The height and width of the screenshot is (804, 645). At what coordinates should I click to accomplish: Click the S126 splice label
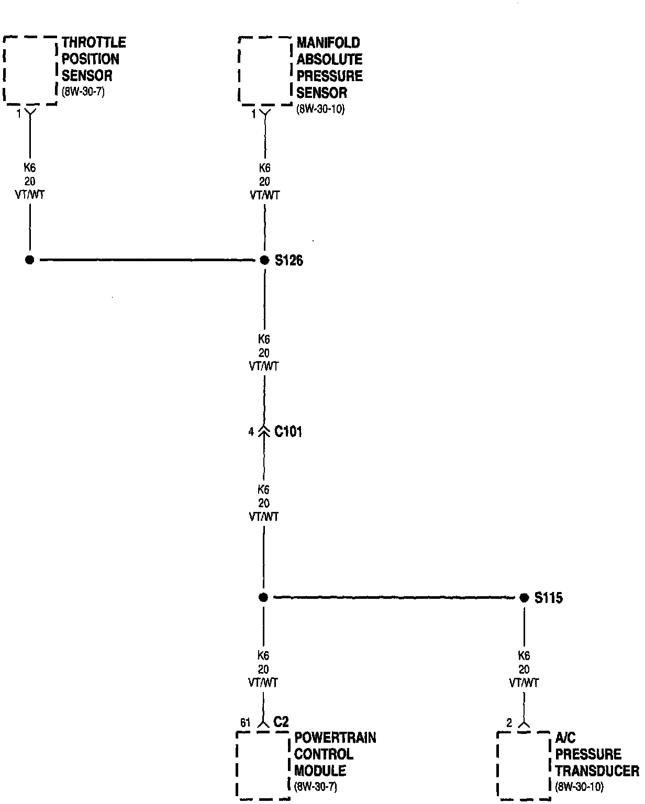click(x=288, y=260)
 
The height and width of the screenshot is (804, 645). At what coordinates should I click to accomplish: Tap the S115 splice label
click(x=548, y=598)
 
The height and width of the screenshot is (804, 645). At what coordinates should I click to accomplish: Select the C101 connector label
click(x=288, y=432)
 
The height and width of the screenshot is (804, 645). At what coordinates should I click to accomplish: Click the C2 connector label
click(x=281, y=722)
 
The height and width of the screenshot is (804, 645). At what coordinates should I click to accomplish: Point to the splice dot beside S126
click(x=264, y=260)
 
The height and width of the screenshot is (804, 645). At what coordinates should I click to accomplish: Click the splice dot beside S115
click(x=524, y=598)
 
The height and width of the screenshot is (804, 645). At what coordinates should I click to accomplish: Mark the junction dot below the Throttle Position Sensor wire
click(x=29, y=260)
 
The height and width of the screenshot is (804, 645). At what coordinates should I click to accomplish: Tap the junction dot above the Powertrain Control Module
click(x=263, y=597)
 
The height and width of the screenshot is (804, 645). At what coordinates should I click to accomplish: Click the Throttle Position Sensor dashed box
click(x=30, y=71)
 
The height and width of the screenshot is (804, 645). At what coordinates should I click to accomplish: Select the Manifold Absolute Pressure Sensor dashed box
click(x=264, y=71)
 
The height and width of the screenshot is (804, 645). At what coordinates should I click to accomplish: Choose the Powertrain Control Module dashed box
click(x=263, y=765)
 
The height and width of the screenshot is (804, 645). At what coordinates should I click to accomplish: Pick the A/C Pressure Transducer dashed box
click(x=523, y=765)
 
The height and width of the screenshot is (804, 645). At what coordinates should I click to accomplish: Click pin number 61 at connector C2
click(x=245, y=723)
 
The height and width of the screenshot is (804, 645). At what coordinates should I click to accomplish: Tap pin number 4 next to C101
click(x=251, y=432)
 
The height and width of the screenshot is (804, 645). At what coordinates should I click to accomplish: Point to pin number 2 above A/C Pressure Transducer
click(x=509, y=723)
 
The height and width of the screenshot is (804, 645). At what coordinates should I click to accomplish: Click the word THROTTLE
click(x=94, y=42)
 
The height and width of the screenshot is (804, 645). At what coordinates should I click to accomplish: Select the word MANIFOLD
click(x=328, y=42)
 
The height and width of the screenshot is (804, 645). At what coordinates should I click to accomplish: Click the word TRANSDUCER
click(x=597, y=770)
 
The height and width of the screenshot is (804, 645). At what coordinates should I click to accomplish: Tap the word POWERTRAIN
click(x=335, y=738)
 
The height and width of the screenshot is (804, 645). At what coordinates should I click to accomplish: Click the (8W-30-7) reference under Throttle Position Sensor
click(x=84, y=93)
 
